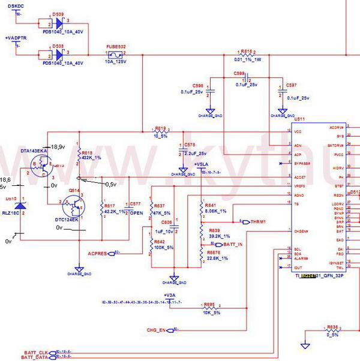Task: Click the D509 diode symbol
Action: pyautogui.click(x=58, y=24)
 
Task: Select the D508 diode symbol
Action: pyautogui.click(x=58, y=54)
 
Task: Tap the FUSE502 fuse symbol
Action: pyautogui.click(x=116, y=55)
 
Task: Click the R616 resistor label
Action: pyautogui.click(x=247, y=51)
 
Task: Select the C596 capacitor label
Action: pyautogui.click(x=197, y=86)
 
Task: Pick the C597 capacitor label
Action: pyautogui.click(x=292, y=86)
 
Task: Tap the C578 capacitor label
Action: pyautogui.click(x=190, y=145)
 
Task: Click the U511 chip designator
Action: pyautogui.click(x=299, y=120)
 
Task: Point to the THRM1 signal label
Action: pyautogui.click(x=258, y=221)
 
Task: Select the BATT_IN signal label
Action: pyautogui.click(x=233, y=245)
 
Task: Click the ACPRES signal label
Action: pyautogui.click(x=97, y=254)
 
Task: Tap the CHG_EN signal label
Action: pyautogui.click(x=155, y=330)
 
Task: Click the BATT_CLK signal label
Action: pyautogui.click(x=35, y=352)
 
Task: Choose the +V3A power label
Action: pyautogui.click(x=170, y=294)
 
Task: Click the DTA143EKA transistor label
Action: pyautogui.click(x=35, y=150)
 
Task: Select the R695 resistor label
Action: pyautogui.click(x=209, y=304)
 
